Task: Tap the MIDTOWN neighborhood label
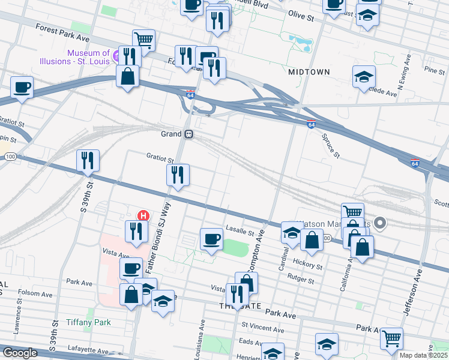coord(309,72)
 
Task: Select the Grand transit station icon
coord(188,134)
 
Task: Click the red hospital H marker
coord(143,215)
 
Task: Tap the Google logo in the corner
coord(19,353)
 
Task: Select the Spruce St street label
coord(330,146)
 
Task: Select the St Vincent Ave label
coord(262,328)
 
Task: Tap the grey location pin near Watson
coord(379,224)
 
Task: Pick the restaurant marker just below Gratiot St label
coord(178,175)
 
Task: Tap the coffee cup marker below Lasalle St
coord(211,239)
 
